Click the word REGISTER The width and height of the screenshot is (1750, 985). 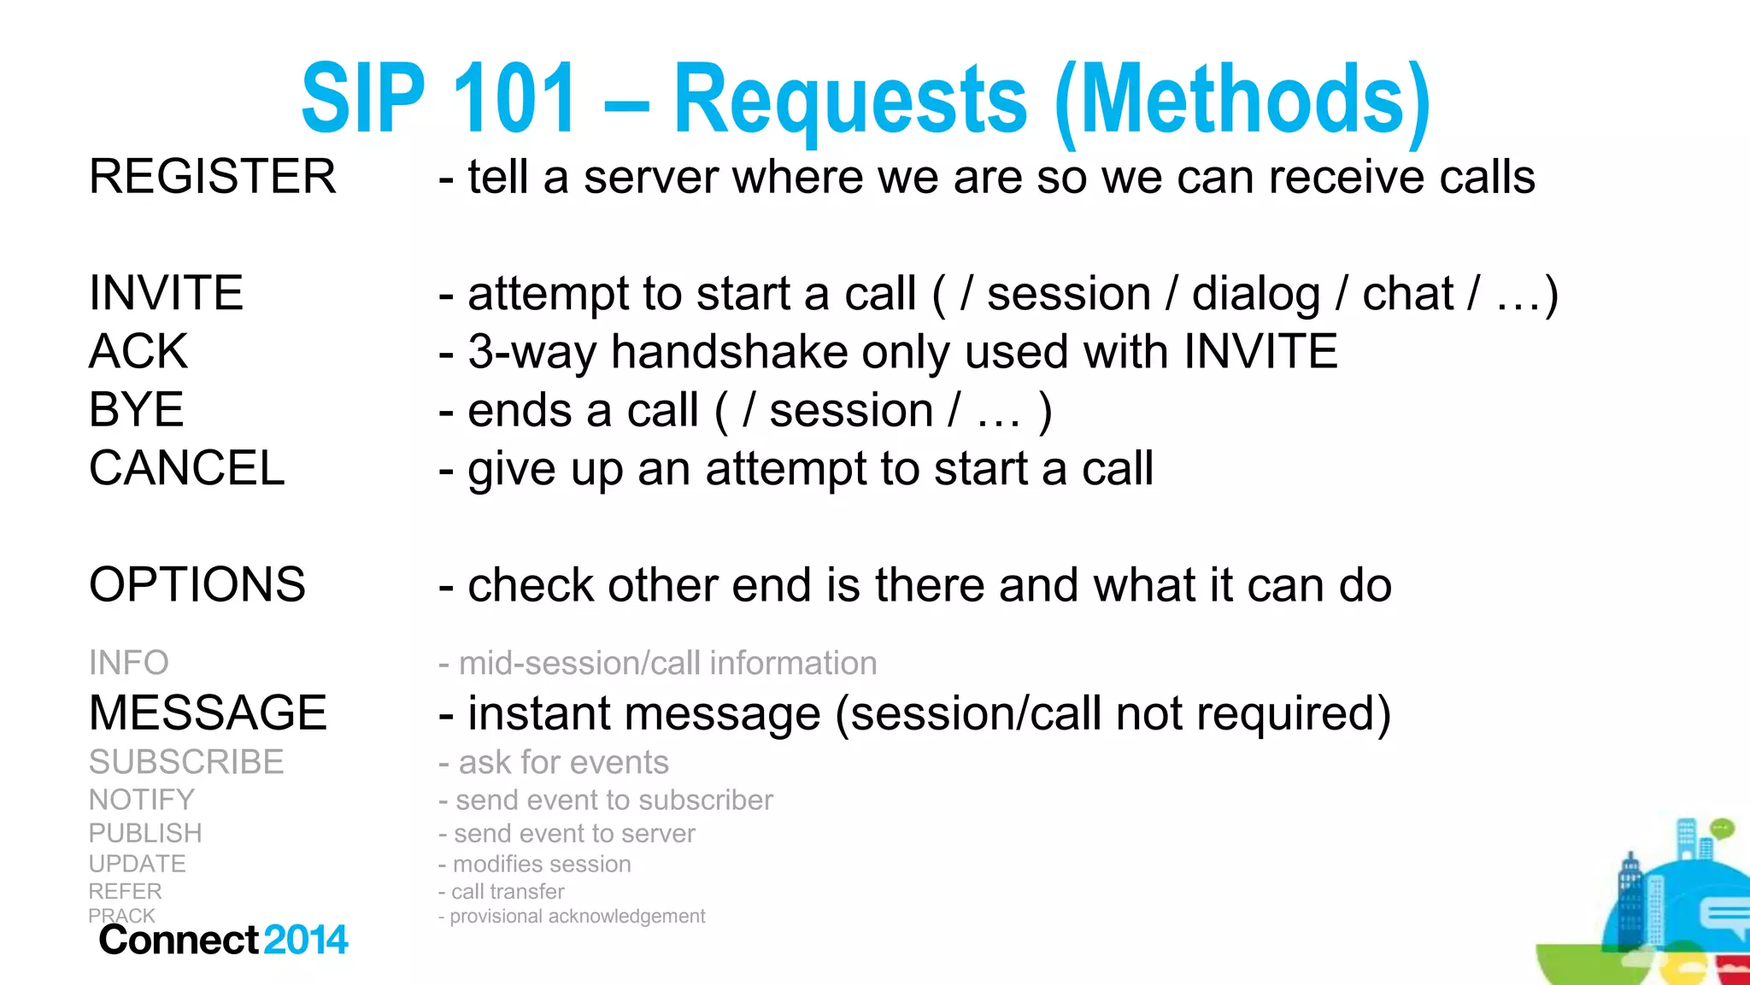click(212, 177)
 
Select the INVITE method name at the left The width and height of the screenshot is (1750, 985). click(166, 293)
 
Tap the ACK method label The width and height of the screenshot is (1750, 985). click(138, 351)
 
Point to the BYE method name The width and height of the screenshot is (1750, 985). click(136, 409)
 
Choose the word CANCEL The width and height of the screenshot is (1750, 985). click(186, 468)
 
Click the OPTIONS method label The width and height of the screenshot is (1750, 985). click(197, 584)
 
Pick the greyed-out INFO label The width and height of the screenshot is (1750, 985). click(128, 663)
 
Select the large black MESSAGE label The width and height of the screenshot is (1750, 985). click(208, 712)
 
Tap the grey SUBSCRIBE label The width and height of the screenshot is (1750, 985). click(185, 762)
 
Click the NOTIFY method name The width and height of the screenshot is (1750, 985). click(141, 800)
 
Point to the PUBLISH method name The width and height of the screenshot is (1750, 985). click(145, 833)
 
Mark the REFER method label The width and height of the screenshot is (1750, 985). click(125, 891)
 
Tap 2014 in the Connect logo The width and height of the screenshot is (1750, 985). click(306, 940)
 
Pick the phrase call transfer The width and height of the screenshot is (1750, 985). click(508, 892)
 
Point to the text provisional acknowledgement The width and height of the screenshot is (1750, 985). click(577, 917)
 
